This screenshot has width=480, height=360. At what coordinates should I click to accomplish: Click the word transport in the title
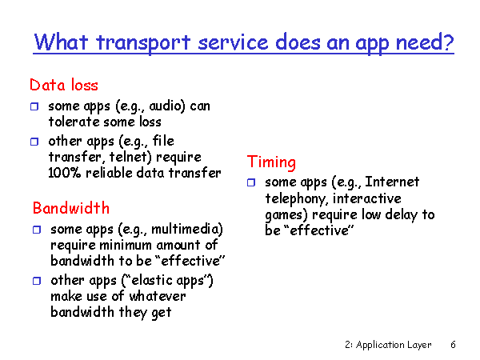[x=143, y=43]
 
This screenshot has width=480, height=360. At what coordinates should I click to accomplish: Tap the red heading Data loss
[x=64, y=85]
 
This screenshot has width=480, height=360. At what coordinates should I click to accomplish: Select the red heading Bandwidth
[x=71, y=208]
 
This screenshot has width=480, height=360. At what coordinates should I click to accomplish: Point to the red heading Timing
[x=271, y=162]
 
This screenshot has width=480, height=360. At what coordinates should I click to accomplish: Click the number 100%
[x=65, y=173]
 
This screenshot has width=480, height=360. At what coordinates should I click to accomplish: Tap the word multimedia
[x=186, y=230]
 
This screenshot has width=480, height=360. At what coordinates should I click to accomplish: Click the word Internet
[x=392, y=182]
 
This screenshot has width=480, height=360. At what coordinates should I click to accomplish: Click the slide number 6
[x=453, y=345]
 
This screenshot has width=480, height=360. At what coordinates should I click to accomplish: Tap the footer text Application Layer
[x=394, y=345]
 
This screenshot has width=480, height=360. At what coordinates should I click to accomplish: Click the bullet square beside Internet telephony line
[x=251, y=182]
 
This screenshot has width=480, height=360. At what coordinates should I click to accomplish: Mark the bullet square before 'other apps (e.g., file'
[x=34, y=142]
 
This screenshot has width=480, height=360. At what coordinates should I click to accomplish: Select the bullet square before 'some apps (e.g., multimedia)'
[x=37, y=230]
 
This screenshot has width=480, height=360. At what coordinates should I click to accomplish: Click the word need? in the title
[x=425, y=42]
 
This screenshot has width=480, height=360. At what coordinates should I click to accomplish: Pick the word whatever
[x=158, y=296]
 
